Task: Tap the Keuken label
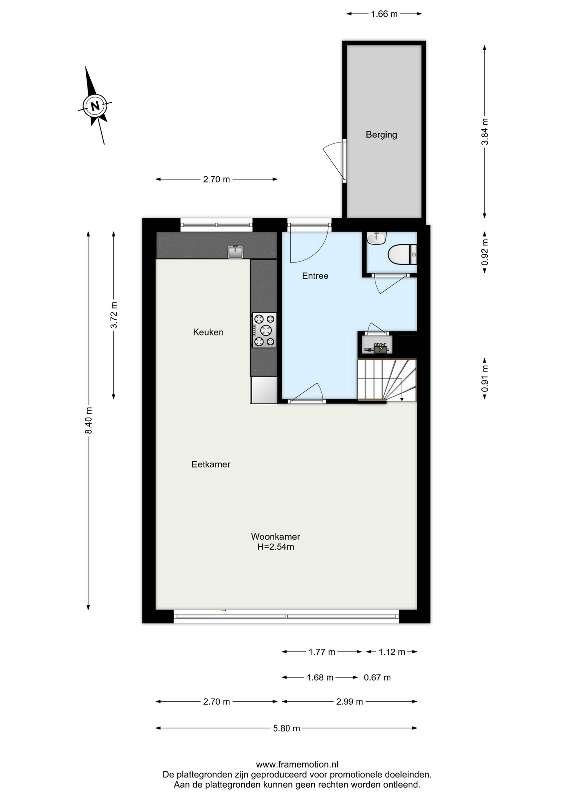coord(208,332)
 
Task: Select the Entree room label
coord(315,276)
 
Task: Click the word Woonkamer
coord(275,537)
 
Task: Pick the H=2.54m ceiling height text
coord(275,547)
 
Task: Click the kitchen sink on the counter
coord(235,252)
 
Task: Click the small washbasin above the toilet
coord(376,238)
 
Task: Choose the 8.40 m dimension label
coord(89,420)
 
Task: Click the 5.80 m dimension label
coord(287,728)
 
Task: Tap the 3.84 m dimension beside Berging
coord(484,132)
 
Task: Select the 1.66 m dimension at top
coord(384,14)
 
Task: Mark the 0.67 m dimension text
coord(377,677)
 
